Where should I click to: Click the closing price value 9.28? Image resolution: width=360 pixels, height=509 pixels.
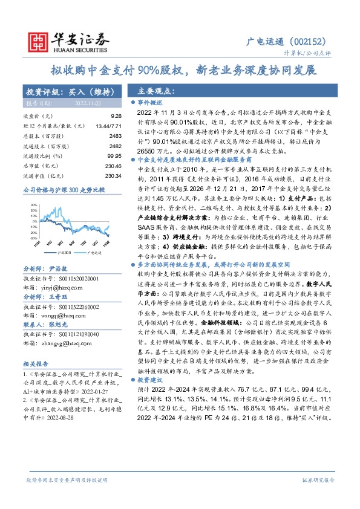(117, 115)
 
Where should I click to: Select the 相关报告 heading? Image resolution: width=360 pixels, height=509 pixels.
(38, 364)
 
